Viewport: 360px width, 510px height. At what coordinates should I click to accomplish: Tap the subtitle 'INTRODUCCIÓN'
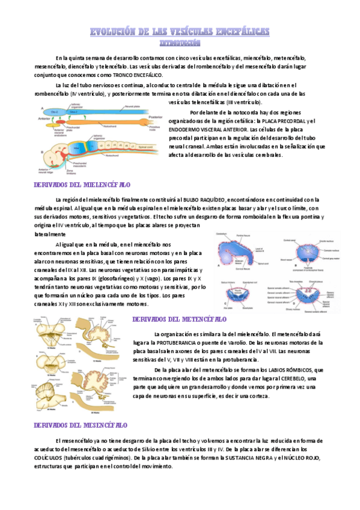[180, 43]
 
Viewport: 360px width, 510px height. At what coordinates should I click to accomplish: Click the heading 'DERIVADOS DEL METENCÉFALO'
[179, 319]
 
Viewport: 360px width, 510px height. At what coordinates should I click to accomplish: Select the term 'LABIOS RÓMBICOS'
[287, 370]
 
